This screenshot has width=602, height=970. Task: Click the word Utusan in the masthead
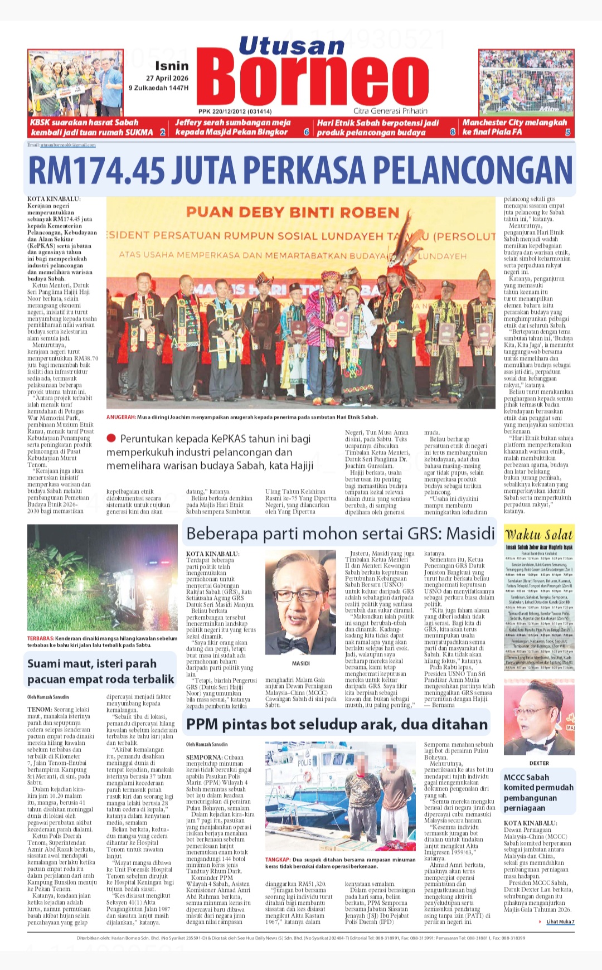coord(292,46)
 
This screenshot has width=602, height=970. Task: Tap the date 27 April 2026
coord(167,79)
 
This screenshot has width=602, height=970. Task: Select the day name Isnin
coord(172,66)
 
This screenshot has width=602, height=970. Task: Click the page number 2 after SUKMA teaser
coord(162,133)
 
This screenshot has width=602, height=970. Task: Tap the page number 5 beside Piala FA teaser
coord(567,133)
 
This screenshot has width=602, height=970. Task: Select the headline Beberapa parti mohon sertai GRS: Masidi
coord(340,533)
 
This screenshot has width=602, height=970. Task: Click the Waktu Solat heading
coord(538,534)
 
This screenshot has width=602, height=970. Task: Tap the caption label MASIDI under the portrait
coord(300,663)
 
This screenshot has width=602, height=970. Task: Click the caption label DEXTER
coord(538,763)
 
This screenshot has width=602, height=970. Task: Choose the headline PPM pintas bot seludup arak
coord(337,724)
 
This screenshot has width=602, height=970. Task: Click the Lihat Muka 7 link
coord(560,922)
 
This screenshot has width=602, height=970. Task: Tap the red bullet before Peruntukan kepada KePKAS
coord(111,439)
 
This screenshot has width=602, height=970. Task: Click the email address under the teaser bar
coord(67,145)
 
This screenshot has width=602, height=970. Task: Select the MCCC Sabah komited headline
coord(538,792)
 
